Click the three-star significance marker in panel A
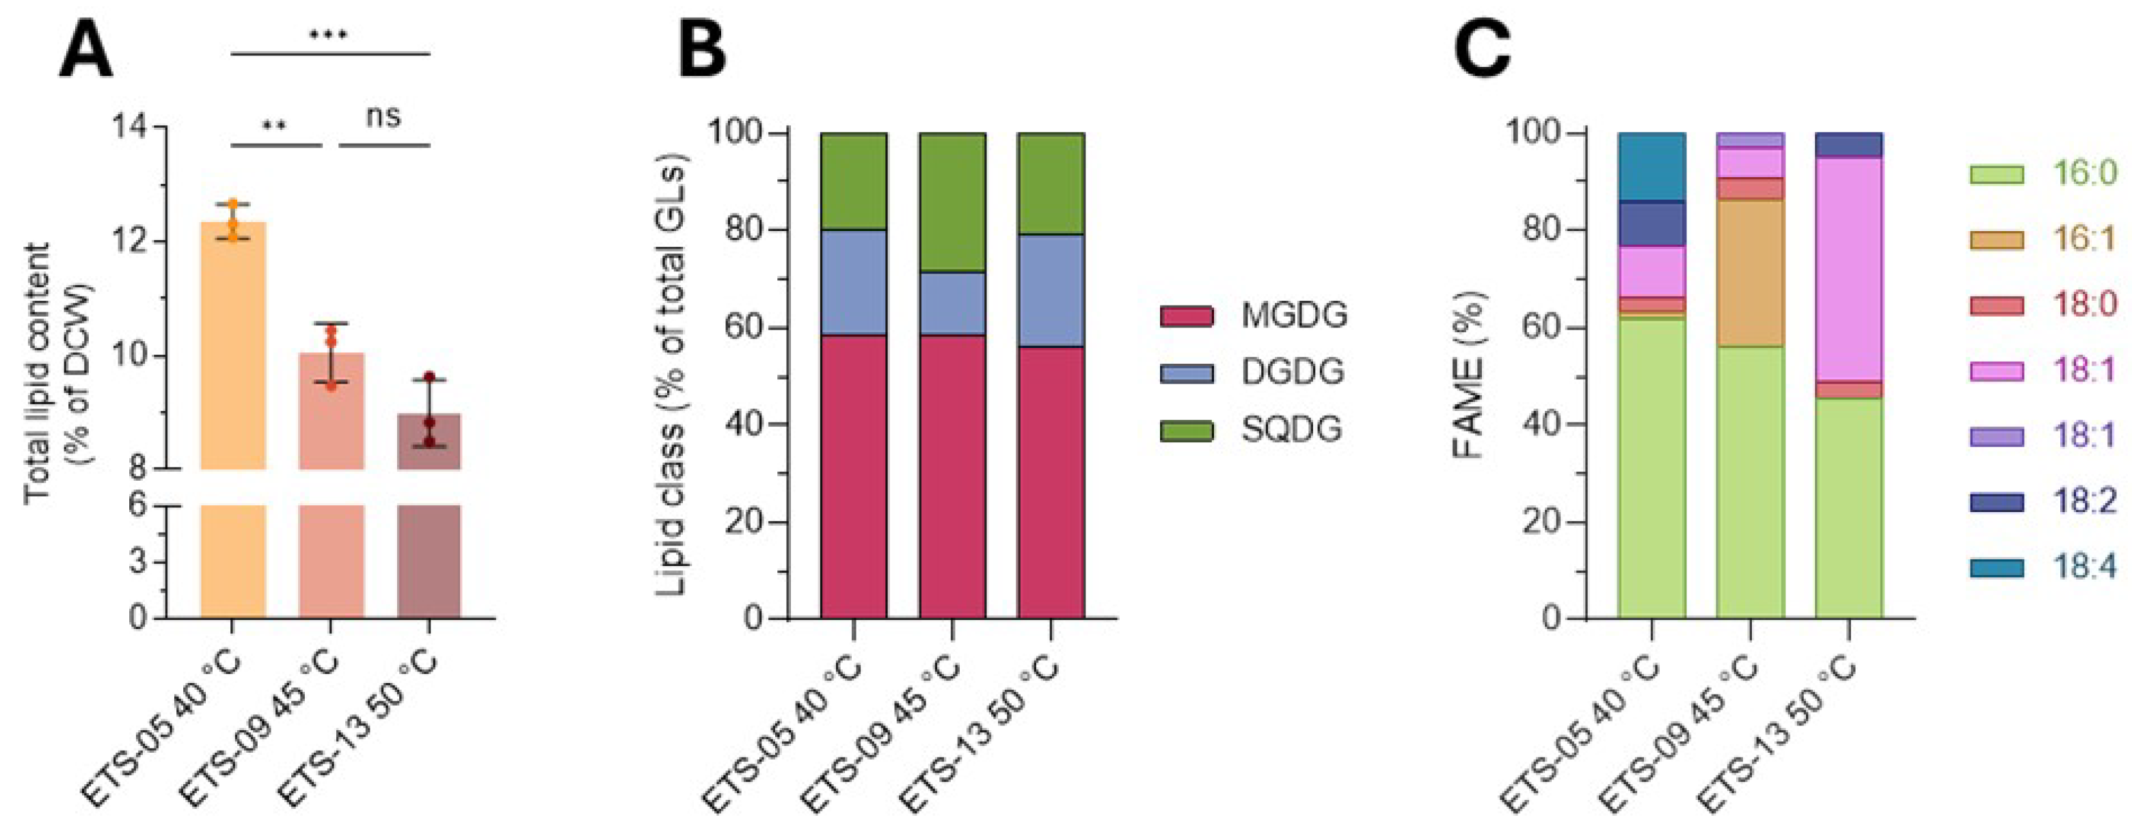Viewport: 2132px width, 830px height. click(x=329, y=36)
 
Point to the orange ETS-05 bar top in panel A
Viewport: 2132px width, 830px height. click(x=232, y=223)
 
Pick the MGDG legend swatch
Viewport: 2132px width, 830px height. click(x=1186, y=316)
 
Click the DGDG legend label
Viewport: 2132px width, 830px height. click(x=1293, y=373)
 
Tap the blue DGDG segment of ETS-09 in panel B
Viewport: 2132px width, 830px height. click(x=952, y=303)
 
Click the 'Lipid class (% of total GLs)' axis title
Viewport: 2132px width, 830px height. click(x=672, y=374)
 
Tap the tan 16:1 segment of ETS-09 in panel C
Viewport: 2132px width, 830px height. click(x=1750, y=273)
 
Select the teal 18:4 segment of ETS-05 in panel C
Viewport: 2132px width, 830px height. click(x=1651, y=166)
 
